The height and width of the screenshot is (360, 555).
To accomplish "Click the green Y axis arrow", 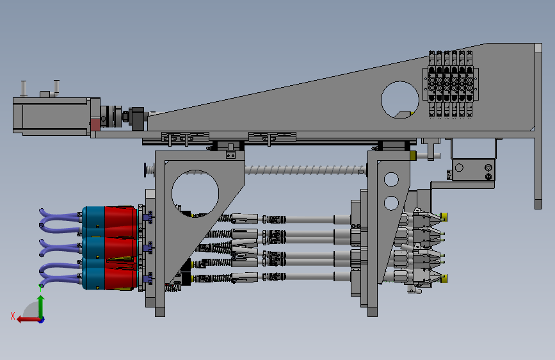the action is coord(41,307).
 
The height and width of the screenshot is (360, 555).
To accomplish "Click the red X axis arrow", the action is coord(28,320).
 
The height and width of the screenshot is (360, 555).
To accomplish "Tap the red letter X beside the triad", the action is coord(13,316).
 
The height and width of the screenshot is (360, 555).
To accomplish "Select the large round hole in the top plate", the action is coord(400,100).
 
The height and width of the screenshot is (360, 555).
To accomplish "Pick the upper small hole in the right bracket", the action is coord(391,179).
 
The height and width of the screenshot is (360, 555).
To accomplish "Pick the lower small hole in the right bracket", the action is coord(391,203).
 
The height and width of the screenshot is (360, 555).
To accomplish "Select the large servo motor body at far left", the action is coord(52,116).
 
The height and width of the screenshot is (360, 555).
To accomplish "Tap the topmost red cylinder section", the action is coord(120,222).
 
